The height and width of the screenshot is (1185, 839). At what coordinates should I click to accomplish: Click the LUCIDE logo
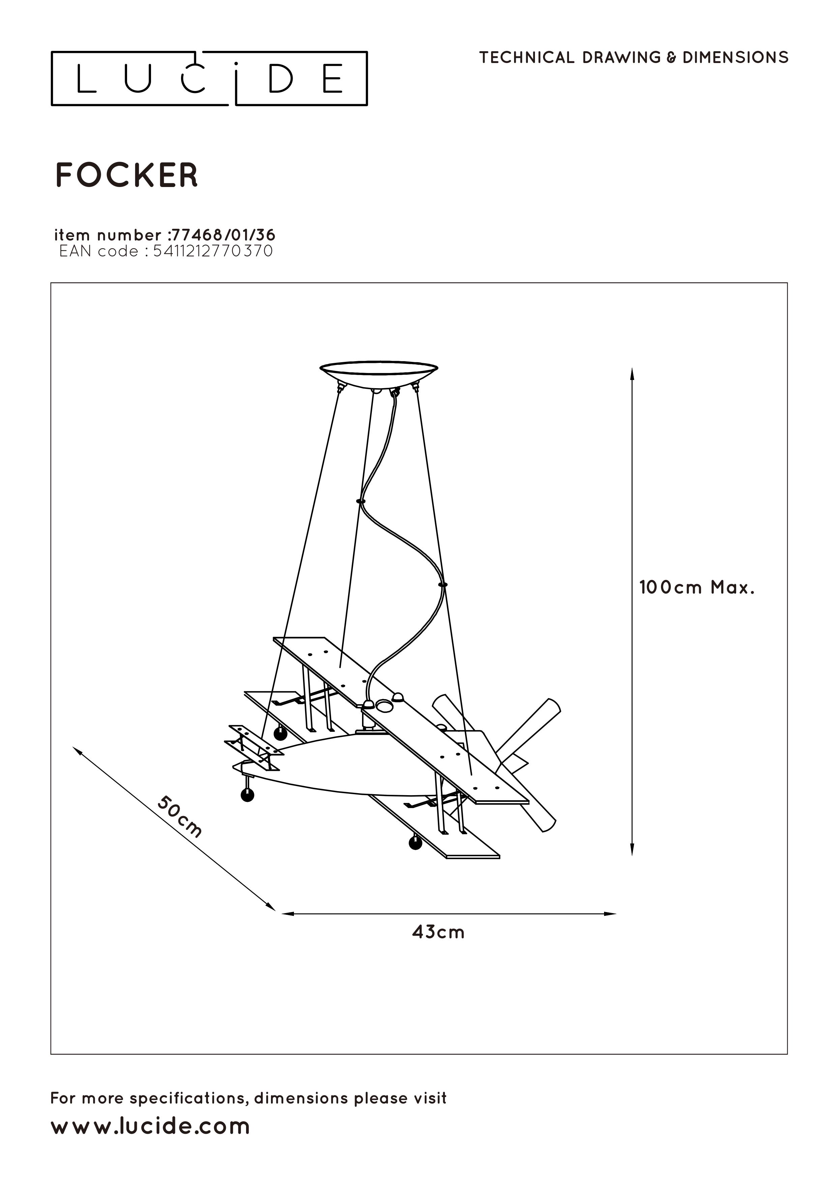pyautogui.click(x=209, y=79)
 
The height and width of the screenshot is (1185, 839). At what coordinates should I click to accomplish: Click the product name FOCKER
pyautogui.click(x=126, y=175)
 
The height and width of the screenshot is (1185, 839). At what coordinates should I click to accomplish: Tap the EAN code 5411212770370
pyautogui.click(x=213, y=251)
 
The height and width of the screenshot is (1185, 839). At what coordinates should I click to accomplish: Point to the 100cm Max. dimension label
pyautogui.click(x=697, y=588)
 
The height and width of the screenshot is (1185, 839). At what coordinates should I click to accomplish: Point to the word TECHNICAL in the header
pyautogui.click(x=527, y=57)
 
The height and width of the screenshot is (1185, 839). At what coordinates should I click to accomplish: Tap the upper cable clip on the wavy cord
pyautogui.click(x=361, y=501)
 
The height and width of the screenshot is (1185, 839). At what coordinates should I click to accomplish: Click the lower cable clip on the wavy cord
pyautogui.click(x=442, y=585)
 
